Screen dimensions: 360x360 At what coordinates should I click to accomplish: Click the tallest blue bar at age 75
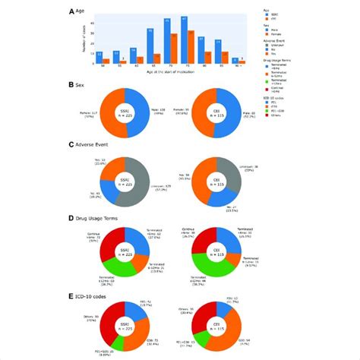tap(185, 40)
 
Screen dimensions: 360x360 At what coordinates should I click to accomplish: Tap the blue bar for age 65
tap(150, 46)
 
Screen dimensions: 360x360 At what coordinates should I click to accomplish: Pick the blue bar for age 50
tap(99, 58)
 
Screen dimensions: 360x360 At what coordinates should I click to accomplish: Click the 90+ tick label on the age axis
tap(238, 67)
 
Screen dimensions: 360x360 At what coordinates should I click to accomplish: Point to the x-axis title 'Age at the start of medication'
tap(169, 72)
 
